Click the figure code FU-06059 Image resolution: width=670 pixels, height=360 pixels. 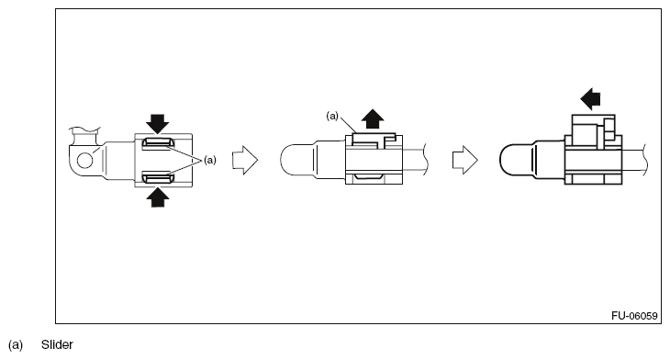pos(634,316)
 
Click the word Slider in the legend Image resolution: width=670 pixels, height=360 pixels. pos(57,344)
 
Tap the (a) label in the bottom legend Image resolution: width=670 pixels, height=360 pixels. pos(16,345)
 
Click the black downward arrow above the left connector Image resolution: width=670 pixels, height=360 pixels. pos(157,124)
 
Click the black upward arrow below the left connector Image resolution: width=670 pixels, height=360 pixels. pos(157,197)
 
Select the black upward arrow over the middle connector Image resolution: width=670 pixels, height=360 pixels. pos(373,118)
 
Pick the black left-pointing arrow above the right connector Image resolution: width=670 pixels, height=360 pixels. pos(590,99)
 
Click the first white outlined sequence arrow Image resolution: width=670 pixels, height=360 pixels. pos(245,161)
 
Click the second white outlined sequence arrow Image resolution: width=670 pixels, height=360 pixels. pos(465,161)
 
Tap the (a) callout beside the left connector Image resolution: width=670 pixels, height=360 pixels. pos(210,161)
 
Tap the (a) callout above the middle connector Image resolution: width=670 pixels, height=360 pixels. pos(332,116)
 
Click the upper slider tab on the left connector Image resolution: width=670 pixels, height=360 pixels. pos(158,143)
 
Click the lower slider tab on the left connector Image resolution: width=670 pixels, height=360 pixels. pos(158,177)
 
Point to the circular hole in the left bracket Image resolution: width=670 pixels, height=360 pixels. pos(85,161)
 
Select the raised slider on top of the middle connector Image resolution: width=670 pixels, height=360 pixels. pos(374,141)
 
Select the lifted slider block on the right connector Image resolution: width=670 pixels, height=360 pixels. pos(594,130)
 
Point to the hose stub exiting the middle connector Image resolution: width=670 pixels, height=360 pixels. pos(416,160)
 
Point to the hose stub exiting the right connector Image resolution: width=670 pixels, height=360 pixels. pos(635,160)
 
